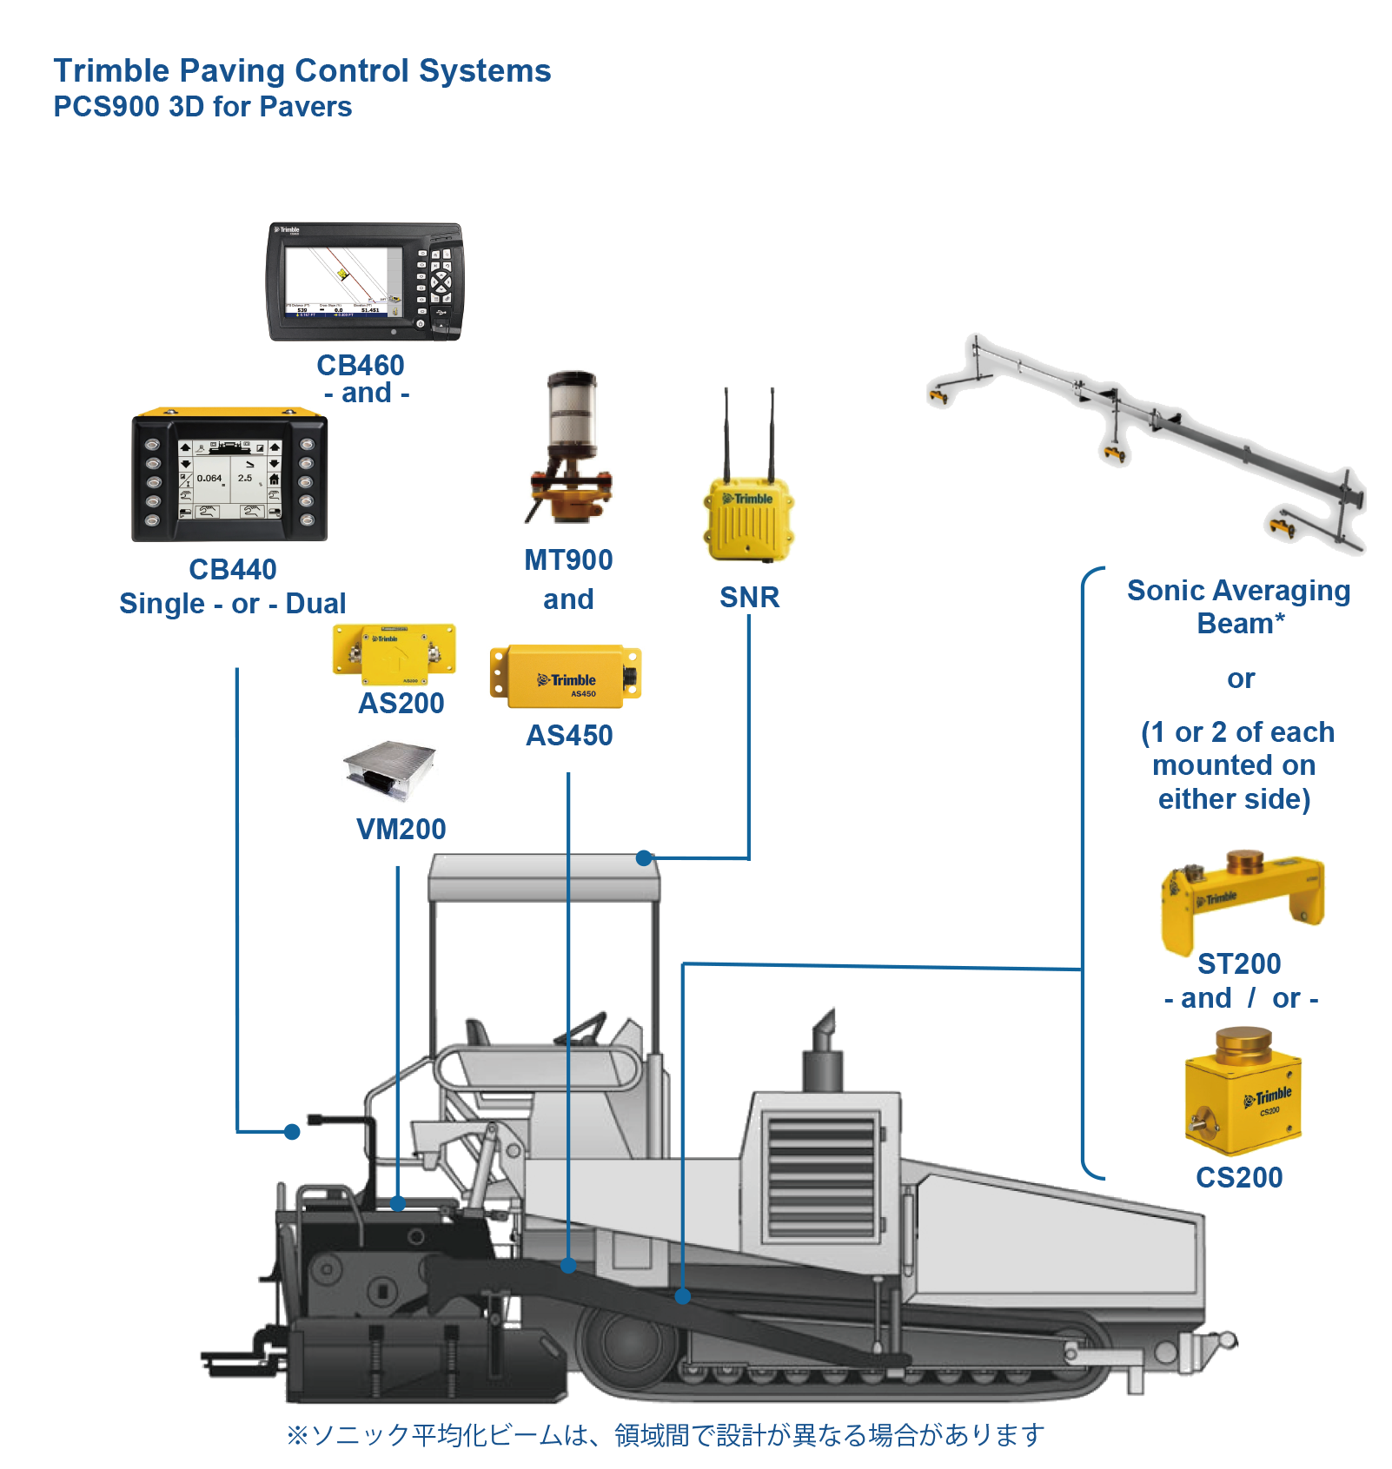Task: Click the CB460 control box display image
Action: [x=365, y=281]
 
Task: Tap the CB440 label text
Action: [x=233, y=569]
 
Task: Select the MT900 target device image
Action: [x=569, y=447]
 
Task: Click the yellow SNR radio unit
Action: [x=748, y=518]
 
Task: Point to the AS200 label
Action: [x=401, y=703]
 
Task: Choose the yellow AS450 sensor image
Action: [x=567, y=674]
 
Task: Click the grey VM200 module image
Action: [x=389, y=772]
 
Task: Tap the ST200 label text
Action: [x=1239, y=963]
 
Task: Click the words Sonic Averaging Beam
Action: [x=1239, y=606]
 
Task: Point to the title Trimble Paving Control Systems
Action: [x=302, y=70]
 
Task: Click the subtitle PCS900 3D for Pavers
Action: [x=202, y=107]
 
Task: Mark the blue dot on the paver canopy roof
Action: [x=644, y=858]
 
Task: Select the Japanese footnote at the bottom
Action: [x=665, y=1434]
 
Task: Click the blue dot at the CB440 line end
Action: [x=292, y=1132]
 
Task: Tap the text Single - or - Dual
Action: [x=232, y=604]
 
